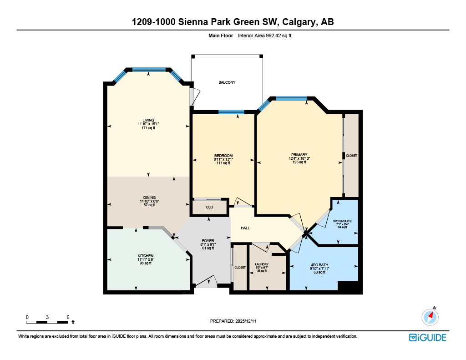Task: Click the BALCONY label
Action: tap(227, 82)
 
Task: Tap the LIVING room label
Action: tap(148, 120)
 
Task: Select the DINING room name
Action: tap(148, 197)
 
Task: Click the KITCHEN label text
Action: tap(146, 256)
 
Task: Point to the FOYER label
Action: tap(208, 241)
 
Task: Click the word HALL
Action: tap(245, 228)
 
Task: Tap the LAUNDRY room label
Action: tap(262, 264)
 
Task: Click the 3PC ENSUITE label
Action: tap(342, 221)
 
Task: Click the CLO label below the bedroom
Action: tap(209, 207)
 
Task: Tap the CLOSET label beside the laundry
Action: tap(240, 268)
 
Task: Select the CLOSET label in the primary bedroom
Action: tap(351, 156)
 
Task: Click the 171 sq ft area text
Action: tap(148, 128)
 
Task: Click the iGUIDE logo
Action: tap(427, 337)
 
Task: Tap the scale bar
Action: tap(47, 322)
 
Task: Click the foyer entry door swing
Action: tap(207, 282)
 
